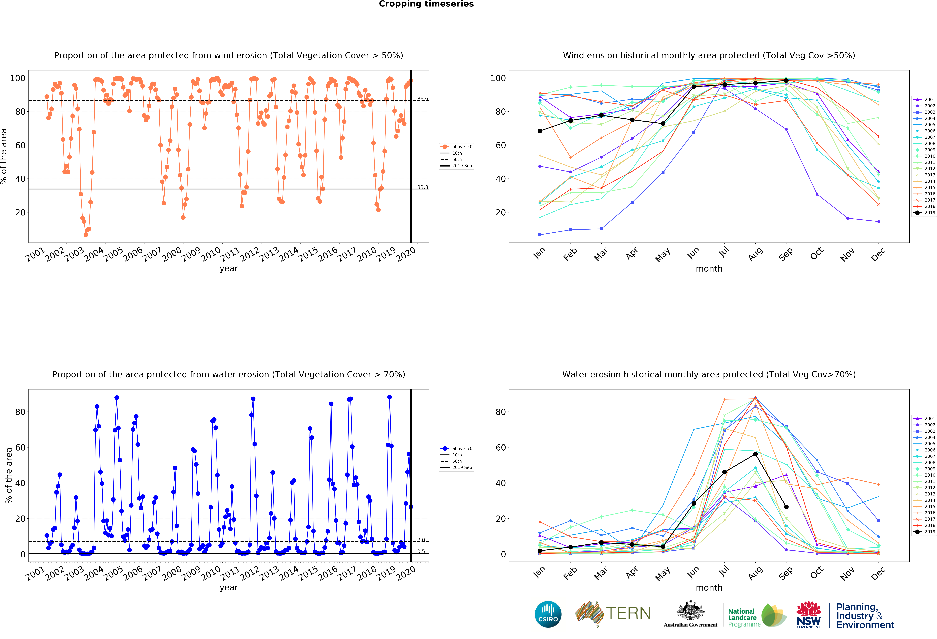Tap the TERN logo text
click(628, 613)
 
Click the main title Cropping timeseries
click(426, 4)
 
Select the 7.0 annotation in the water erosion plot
click(421, 540)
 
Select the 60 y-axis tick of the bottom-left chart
click(20, 447)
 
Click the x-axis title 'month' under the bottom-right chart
click(709, 588)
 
